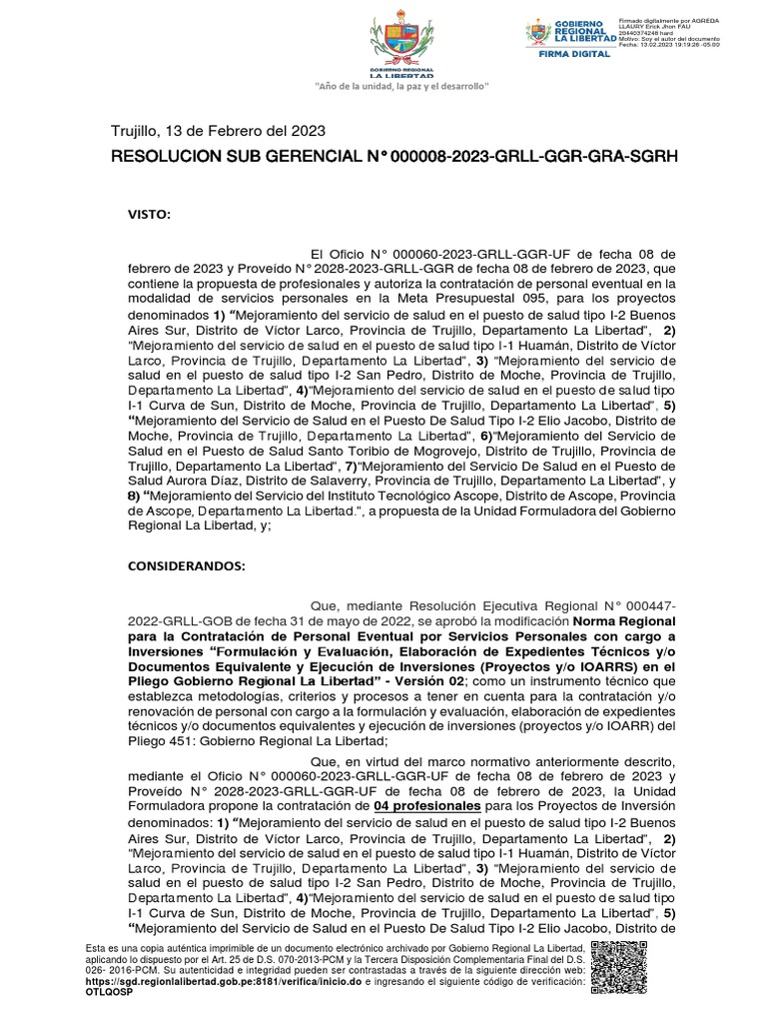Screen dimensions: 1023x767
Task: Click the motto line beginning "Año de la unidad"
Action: tap(401, 88)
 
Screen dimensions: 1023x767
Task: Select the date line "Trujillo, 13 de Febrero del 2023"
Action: tap(217, 131)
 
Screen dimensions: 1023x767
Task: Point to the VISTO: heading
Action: tap(149, 215)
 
